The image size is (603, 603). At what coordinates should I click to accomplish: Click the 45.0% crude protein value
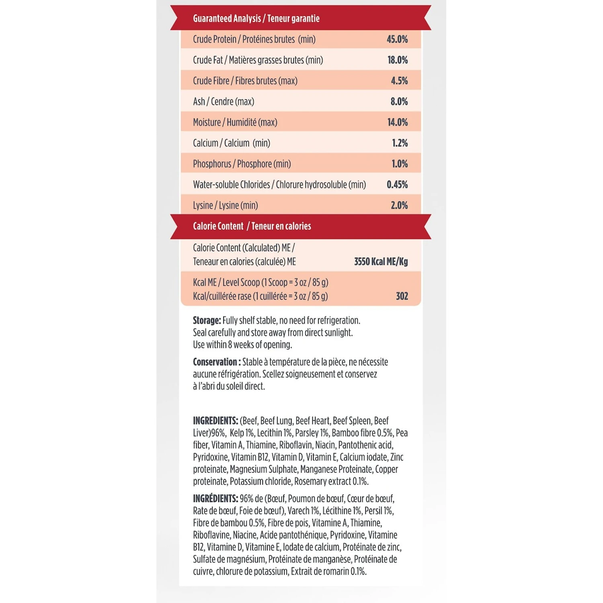tap(397, 39)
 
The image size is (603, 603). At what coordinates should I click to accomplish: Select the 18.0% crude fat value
tap(397, 60)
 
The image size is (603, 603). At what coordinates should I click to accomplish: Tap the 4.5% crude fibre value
tap(399, 81)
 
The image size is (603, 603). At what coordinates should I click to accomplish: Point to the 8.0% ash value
tap(399, 102)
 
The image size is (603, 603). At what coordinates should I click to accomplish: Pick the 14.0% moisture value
tap(397, 122)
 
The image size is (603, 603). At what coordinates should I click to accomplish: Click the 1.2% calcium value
tap(400, 143)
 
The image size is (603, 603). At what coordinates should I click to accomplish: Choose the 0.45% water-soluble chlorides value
tap(397, 185)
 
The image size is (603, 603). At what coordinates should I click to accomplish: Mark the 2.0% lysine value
tap(399, 205)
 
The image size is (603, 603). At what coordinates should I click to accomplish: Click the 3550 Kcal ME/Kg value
tap(381, 262)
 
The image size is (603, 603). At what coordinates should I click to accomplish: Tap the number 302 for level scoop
tap(402, 296)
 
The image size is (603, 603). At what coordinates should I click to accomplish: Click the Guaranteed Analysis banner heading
tap(256, 18)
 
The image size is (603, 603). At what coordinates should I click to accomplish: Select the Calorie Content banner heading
tap(252, 226)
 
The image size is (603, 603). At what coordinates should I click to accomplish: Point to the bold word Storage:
tap(207, 320)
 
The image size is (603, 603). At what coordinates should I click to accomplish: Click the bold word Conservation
tap(215, 362)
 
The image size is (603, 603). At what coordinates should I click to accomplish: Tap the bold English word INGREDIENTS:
tap(215, 421)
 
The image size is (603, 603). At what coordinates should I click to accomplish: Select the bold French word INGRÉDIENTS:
tap(215, 499)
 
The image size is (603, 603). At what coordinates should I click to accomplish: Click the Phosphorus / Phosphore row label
tap(242, 164)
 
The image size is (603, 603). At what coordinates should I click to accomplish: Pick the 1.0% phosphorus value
tap(400, 164)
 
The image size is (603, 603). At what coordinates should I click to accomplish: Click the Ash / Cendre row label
tap(224, 102)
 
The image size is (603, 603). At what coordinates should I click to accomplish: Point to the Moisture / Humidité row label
tap(235, 122)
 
